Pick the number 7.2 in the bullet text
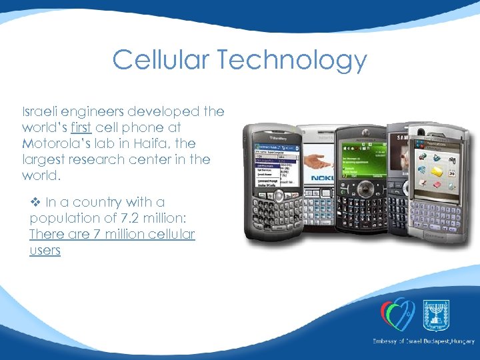(x=129, y=218)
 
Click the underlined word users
(x=45, y=251)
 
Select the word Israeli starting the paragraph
(x=41, y=111)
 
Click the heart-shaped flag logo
(x=398, y=313)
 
